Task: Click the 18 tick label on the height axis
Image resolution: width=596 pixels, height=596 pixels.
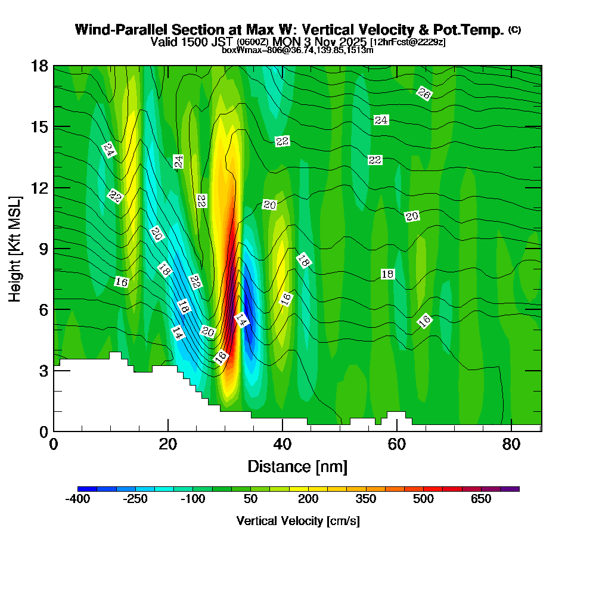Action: coord(40,66)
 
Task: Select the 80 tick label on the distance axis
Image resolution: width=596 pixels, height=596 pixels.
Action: coord(512,445)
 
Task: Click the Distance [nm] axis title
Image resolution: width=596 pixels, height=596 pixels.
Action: coord(297,466)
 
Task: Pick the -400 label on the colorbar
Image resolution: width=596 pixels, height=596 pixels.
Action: coord(77,499)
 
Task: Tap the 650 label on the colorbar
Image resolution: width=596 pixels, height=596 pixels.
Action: coord(481,499)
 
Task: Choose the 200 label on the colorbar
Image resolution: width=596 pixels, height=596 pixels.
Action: coord(308,499)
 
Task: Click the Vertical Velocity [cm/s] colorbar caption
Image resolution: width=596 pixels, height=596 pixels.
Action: coord(298,521)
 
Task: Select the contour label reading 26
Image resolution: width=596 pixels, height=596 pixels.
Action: coord(424,93)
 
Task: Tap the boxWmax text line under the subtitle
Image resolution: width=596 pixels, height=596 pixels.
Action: coord(297,50)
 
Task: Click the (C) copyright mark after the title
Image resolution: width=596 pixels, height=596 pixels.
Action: coord(514,30)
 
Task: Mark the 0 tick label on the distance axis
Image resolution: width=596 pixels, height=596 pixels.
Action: coord(54,445)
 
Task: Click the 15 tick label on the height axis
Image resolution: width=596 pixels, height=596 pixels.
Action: coord(40,127)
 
